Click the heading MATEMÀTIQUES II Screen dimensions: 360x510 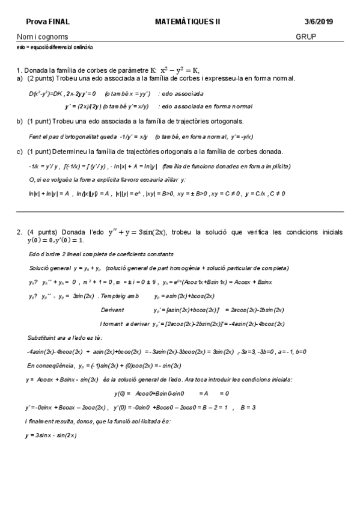[x=188, y=21]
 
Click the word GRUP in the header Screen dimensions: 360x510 [x=306, y=36]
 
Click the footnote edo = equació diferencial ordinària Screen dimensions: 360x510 [x=55, y=47]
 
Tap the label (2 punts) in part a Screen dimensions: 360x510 [x=43, y=78]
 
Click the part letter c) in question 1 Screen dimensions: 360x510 [x=20, y=151]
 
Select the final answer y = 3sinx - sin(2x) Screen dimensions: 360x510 [x=51, y=435]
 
